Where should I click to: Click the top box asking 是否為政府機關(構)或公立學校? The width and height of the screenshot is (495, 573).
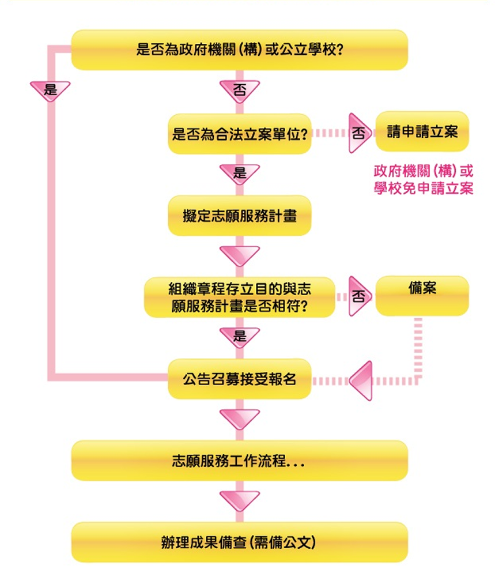click(x=239, y=50)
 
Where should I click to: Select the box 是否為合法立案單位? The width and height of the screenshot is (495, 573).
click(x=239, y=134)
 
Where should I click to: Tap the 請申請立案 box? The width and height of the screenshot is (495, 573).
click(x=422, y=131)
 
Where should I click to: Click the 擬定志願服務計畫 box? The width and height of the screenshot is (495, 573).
click(x=239, y=216)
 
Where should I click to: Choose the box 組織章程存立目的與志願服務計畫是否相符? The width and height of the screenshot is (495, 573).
click(x=239, y=297)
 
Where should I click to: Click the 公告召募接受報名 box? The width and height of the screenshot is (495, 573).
click(x=239, y=379)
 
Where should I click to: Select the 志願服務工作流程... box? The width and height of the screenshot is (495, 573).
click(x=239, y=461)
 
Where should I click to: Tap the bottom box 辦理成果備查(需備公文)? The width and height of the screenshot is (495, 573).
click(x=239, y=542)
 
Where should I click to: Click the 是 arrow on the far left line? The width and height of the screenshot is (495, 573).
click(x=50, y=91)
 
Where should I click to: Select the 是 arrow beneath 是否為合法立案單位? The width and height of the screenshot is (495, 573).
click(x=240, y=173)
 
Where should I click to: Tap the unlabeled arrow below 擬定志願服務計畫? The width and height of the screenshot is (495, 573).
click(x=240, y=255)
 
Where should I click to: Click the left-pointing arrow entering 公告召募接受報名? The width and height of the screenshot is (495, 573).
click(x=362, y=381)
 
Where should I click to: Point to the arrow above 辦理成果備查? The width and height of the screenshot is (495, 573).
click(x=240, y=500)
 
